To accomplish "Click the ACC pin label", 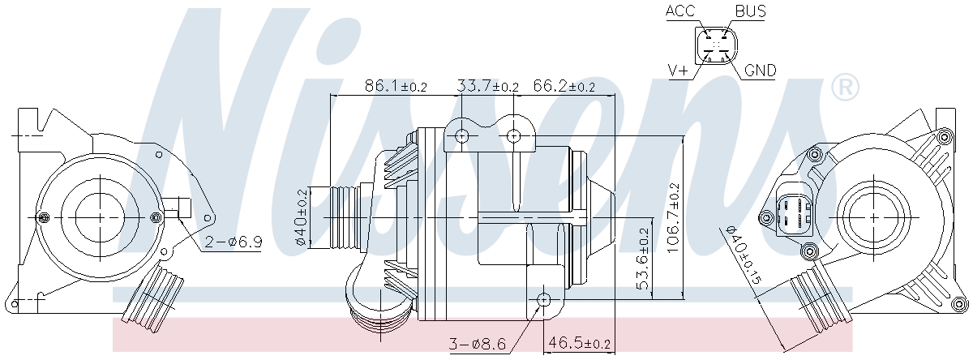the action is pyautogui.click(x=680, y=11).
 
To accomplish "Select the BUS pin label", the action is pyautogui.click(x=751, y=11).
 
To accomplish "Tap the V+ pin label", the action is pyautogui.click(x=679, y=71).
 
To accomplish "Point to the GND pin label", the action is pyautogui.click(x=761, y=71).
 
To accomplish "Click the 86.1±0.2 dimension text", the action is pyautogui.click(x=396, y=86).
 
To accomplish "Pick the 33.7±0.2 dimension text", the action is pyautogui.click(x=488, y=86).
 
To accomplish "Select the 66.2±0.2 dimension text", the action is pyautogui.click(x=564, y=86).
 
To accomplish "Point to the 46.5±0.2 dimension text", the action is pyautogui.click(x=580, y=344).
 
